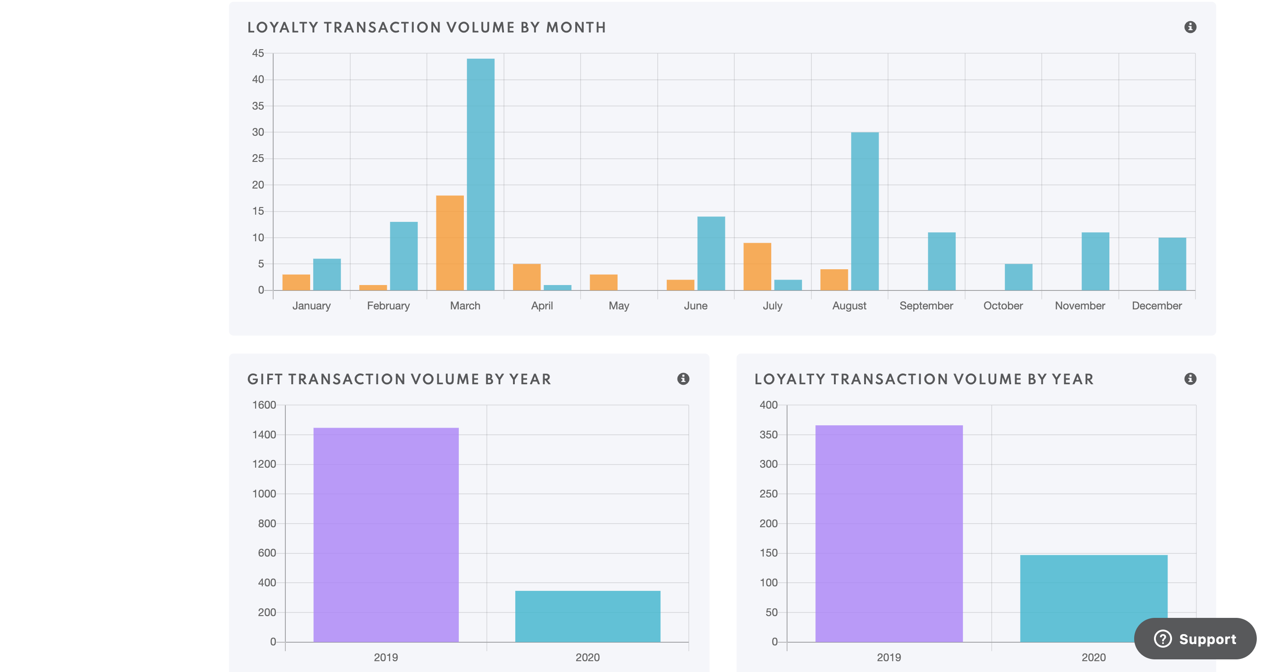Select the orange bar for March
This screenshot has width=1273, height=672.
pyautogui.click(x=450, y=243)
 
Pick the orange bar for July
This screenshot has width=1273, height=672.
pyautogui.click(x=757, y=267)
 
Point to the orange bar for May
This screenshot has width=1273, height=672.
pyautogui.click(x=604, y=282)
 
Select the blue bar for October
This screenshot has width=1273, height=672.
pyautogui.click(x=1018, y=277)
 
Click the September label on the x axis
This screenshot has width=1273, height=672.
pyautogui.click(x=926, y=306)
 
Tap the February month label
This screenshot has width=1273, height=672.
pyautogui.click(x=389, y=306)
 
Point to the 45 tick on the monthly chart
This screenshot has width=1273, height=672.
pyautogui.click(x=258, y=53)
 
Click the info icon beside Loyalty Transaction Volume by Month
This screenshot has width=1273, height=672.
pyautogui.click(x=1190, y=27)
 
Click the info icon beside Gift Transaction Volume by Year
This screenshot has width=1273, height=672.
pyautogui.click(x=683, y=379)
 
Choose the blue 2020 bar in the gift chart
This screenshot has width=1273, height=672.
pyautogui.click(x=587, y=616)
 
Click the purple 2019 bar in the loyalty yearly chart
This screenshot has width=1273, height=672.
pyautogui.click(x=889, y=534)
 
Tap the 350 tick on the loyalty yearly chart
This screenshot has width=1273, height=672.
pyautogui.click(x=769, y=435)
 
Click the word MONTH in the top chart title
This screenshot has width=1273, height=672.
pyautogui.click(x=576, y=28)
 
